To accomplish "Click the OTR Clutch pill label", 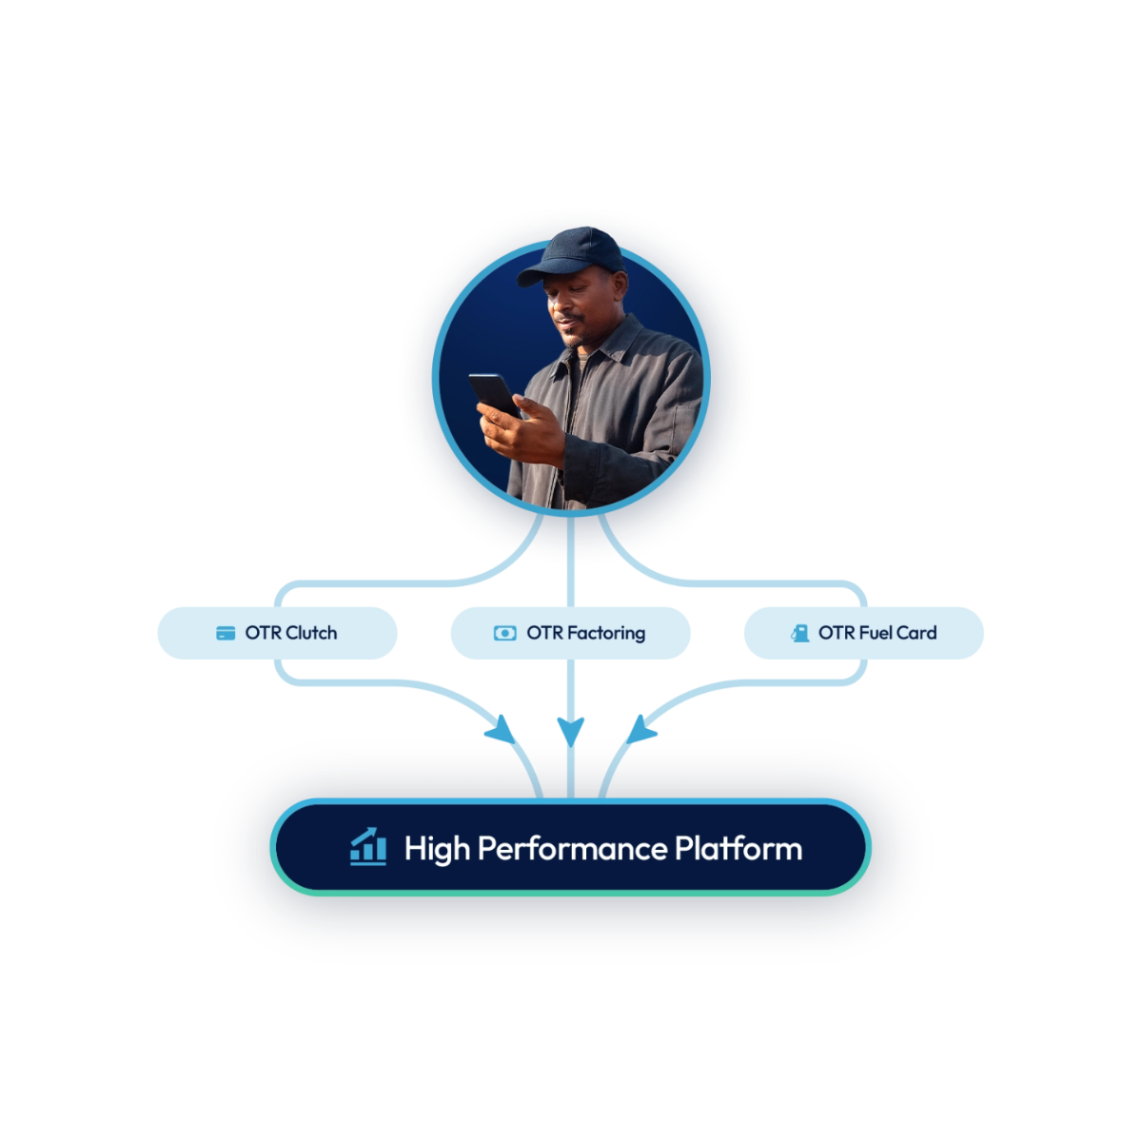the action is [x=276, y=633].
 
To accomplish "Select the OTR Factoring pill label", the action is [x=570, y=633].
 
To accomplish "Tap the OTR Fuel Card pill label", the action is [x=863, y=633].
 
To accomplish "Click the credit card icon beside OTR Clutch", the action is [x=226, y=634].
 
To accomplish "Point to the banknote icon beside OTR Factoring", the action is [x=504, y=634].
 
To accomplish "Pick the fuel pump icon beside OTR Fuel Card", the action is [x=800, y=634].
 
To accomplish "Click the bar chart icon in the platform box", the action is [x=368, y=846].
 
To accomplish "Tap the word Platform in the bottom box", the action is [x=738, y=848].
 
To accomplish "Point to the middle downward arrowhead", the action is [x=570, y=730].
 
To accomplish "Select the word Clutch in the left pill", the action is [x=310, y=633].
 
